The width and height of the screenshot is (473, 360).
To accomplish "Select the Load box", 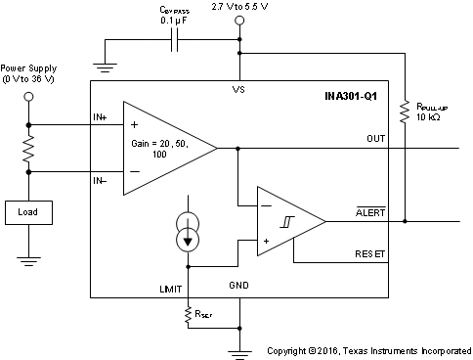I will pos(29,211).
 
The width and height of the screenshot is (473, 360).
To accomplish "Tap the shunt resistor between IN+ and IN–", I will pos(29,148).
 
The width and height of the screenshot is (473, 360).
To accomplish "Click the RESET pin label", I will pos(371,253).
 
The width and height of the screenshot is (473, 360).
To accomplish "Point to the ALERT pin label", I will pos(371,210).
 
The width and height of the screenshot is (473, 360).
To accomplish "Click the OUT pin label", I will pos(376,138).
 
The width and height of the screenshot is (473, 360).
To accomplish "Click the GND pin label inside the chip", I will pos(239,285).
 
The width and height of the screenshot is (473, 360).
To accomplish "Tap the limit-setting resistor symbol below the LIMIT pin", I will pos(188,314).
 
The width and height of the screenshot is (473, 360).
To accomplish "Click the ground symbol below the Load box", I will pos(29,260).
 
